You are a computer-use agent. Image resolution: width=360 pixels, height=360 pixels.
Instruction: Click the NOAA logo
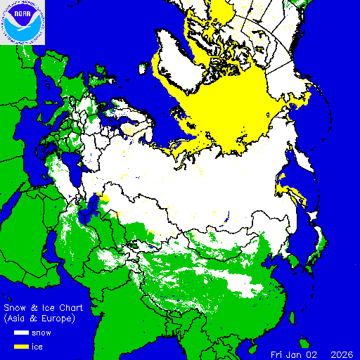point(22,22)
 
